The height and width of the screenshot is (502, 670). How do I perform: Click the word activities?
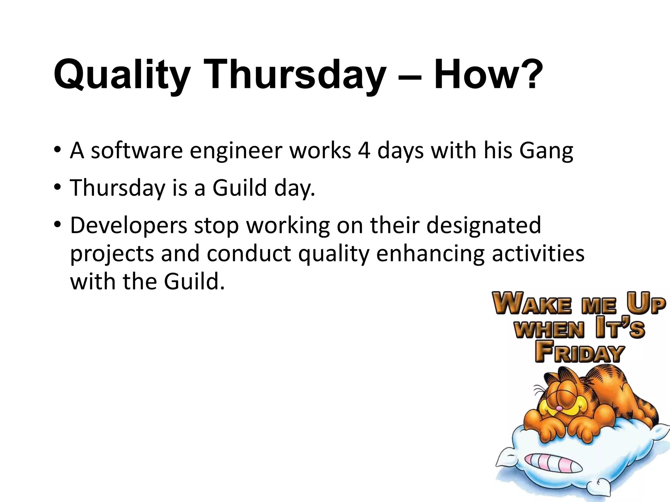tap(538, 254)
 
